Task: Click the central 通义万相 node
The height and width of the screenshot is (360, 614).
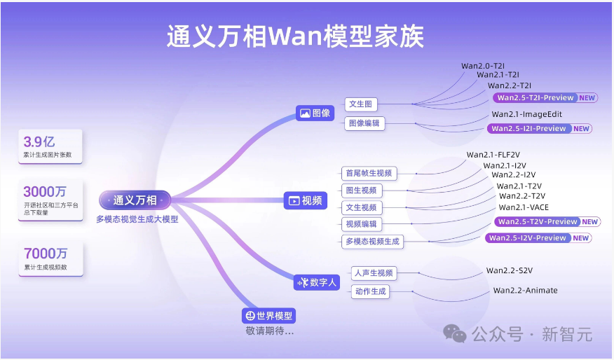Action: point(135,200)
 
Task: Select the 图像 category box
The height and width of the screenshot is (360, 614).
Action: point(315,112)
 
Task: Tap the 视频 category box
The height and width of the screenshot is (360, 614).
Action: point(306,200)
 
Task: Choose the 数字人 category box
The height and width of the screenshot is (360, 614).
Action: point(318,282)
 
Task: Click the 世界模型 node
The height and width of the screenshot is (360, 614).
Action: point(268,316)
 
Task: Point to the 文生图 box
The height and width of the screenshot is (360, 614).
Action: point(361,104)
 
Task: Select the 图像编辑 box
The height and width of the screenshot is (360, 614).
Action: point(365,123)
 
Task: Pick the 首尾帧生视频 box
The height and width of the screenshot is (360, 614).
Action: point(369,173)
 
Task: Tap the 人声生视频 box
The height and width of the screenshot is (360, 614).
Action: point(374,273)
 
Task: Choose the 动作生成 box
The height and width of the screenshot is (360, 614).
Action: point(371,291)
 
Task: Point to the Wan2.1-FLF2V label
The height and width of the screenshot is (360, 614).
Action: point(493,154)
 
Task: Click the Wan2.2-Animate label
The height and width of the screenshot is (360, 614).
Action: point(525,290)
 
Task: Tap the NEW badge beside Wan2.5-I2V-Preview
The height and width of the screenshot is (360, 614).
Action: point(581,237)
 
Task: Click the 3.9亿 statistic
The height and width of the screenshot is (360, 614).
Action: point(39,141)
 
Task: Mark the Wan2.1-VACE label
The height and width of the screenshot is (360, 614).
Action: point(524,207)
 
